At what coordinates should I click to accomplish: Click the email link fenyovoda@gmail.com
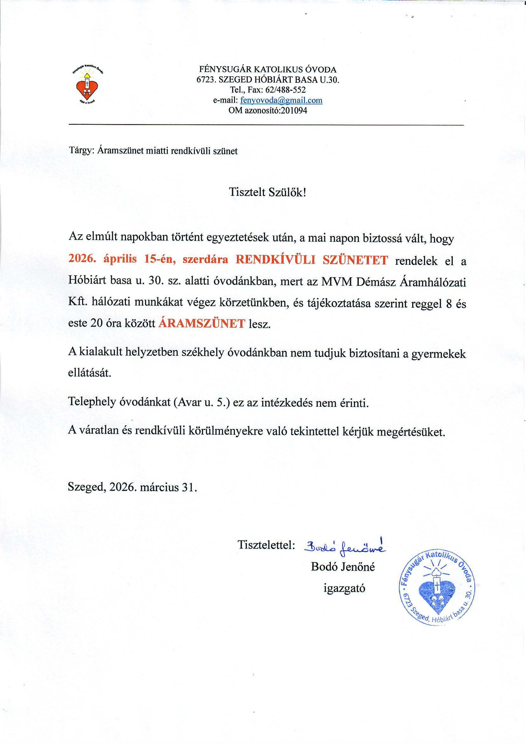tap(281, 100)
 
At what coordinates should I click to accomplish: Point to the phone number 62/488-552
tap(285, 90)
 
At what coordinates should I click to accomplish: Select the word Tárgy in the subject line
tap(77, 151)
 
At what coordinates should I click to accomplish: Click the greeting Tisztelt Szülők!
tap(267, 192)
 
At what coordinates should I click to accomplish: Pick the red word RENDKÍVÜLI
tap(275, 260)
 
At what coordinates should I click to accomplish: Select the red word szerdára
tap(205, 260)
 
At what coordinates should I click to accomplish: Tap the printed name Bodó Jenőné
tap(343, 567)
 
